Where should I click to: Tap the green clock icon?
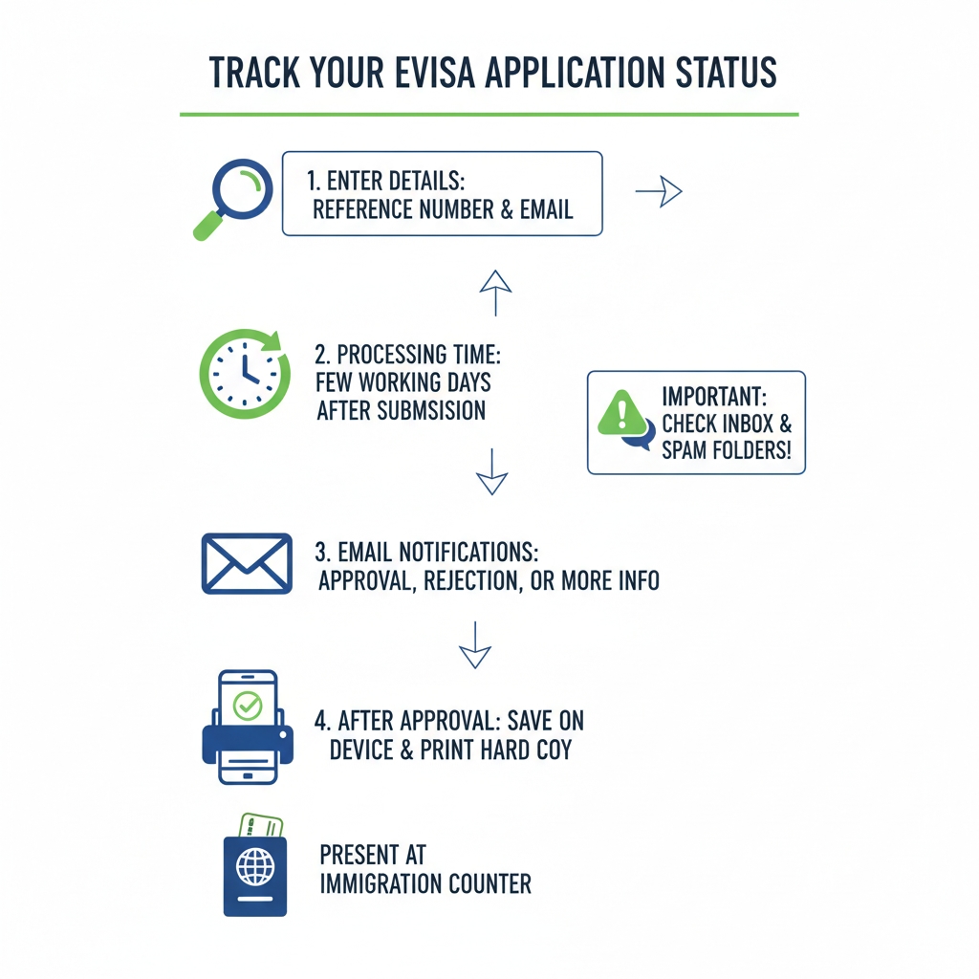[x=245, y=374]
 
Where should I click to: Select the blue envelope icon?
[x=247, y=563]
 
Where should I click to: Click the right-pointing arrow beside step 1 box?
[x=659, y=192]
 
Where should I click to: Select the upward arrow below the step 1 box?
[x=495, y=293]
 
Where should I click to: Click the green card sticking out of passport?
[x=260, y=825]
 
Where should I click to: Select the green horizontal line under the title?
[x=489, y=115]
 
